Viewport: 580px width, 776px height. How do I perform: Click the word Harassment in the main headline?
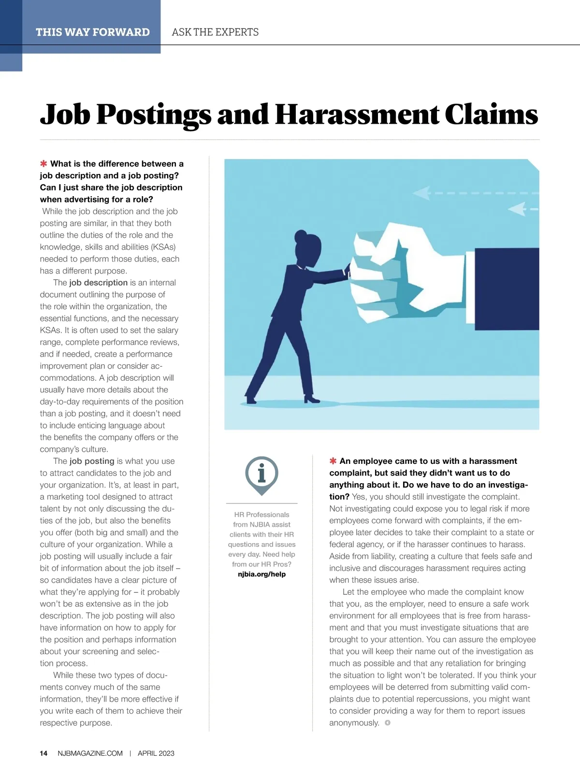[357, 115]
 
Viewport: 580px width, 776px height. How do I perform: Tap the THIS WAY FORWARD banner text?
[93, 32]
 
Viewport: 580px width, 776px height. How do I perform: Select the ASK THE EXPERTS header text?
[215, 32]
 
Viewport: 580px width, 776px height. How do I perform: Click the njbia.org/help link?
[261, 574]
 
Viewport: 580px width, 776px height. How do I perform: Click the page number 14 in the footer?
[43, 753]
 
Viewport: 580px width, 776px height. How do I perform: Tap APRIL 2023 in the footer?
[156, 753]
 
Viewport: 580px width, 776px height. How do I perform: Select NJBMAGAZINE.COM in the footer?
[90, 753]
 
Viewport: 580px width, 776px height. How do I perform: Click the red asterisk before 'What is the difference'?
[44, 164]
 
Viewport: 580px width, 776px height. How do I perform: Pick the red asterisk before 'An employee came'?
[333, 461]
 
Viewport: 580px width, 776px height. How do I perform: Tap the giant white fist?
[406, 275]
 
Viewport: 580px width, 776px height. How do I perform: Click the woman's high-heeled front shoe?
[311, 399]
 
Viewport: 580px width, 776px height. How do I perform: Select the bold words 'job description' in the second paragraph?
[98, 283]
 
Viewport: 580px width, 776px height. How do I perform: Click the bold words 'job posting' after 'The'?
[92, 461]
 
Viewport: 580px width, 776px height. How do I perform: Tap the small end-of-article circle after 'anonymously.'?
[387, 723]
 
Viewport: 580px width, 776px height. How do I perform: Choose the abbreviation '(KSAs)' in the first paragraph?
[163, 247]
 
